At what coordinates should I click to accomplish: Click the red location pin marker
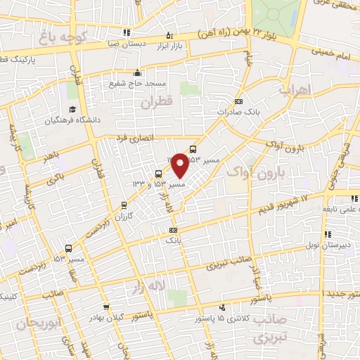pos(180,165)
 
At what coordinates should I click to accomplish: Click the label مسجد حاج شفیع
pos(136,83)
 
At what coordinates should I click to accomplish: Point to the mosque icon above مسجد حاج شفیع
pos(136,72)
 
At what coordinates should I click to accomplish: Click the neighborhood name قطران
pos(155,103)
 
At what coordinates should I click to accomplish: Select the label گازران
pos(125,217)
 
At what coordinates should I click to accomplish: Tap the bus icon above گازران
pos(125,206)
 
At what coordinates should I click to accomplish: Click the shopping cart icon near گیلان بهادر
pos(105,307)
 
